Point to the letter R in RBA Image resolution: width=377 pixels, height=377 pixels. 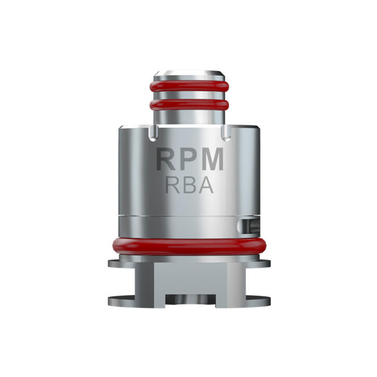tap(172, 185)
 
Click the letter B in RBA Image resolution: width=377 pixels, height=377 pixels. tap(189, 185)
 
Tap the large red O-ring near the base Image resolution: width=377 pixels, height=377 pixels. tap(189, 247)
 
